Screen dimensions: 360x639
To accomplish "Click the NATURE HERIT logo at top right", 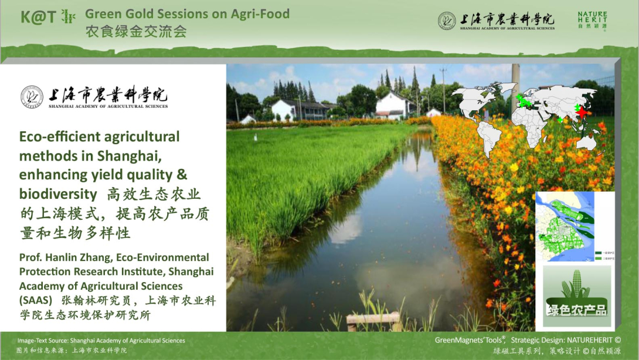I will (x=592, y=21).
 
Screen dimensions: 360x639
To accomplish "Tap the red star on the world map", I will (x=582, y=111).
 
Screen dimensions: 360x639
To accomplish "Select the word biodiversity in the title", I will (x=57, y=194).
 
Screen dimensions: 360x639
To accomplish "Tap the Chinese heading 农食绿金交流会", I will (x=136, y=32).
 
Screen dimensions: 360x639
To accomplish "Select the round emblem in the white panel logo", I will (x=32, y=97).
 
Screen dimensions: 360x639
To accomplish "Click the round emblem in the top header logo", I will (x=447, y=21).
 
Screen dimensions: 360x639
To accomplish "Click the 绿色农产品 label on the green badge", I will (x=576, y=310).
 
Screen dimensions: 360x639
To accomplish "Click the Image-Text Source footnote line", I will (x=101, y=341).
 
